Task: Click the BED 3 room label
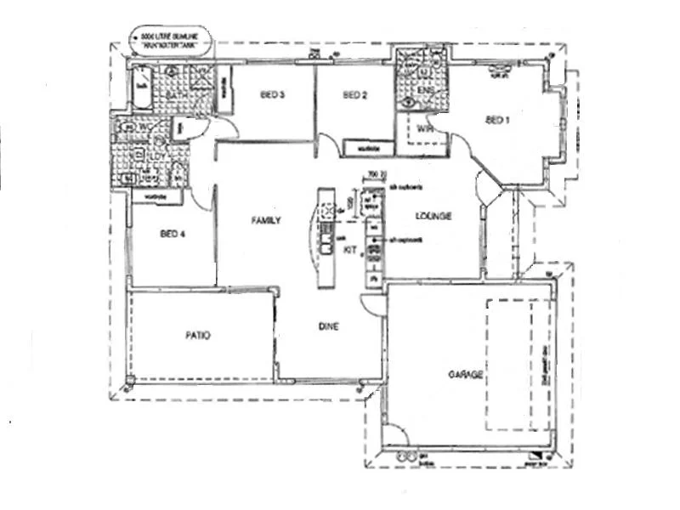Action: click(x=274, y=95)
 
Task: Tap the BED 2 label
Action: click(x=354, y=95)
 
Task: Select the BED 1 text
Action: click(x=496, y=120)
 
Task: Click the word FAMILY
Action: click(x=265, y=220)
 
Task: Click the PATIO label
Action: click(x=197, y=336)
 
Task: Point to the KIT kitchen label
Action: click(x=349, y=250)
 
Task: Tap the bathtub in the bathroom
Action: click(x=140, y=88)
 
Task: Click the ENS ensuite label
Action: click(x=424, y=89)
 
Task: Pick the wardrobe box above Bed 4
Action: click(x=156, y=196)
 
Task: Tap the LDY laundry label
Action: click(x=156, y=156)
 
